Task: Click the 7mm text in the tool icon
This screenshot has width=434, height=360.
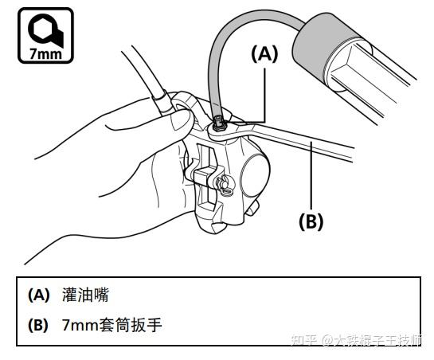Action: (x=45, y=53)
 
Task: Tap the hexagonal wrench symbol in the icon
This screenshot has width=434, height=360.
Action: (x=45, y=29)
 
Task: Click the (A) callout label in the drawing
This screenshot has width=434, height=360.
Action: (x=264, y=54)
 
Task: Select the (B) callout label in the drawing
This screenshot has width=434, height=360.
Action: (x=311, y=221)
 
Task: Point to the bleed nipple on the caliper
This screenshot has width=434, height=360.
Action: (x=219, y=123)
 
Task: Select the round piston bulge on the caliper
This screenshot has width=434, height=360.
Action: (x=255, y=174)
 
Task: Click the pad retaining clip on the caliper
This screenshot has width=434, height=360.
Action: (x=225, y=185)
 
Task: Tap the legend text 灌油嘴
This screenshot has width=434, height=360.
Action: (x=85, y=295)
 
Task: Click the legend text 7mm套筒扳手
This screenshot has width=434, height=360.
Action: (x=111, y=325)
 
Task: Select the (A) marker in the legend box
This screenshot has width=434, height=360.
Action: (x=39, y=295)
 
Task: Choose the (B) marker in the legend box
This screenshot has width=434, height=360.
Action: (x=38, y=325)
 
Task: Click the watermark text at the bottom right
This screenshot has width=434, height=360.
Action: (x=357, y=339)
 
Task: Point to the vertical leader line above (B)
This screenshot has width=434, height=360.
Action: (x=311, y=175)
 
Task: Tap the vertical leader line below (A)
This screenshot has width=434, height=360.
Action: (x=265, y=96)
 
